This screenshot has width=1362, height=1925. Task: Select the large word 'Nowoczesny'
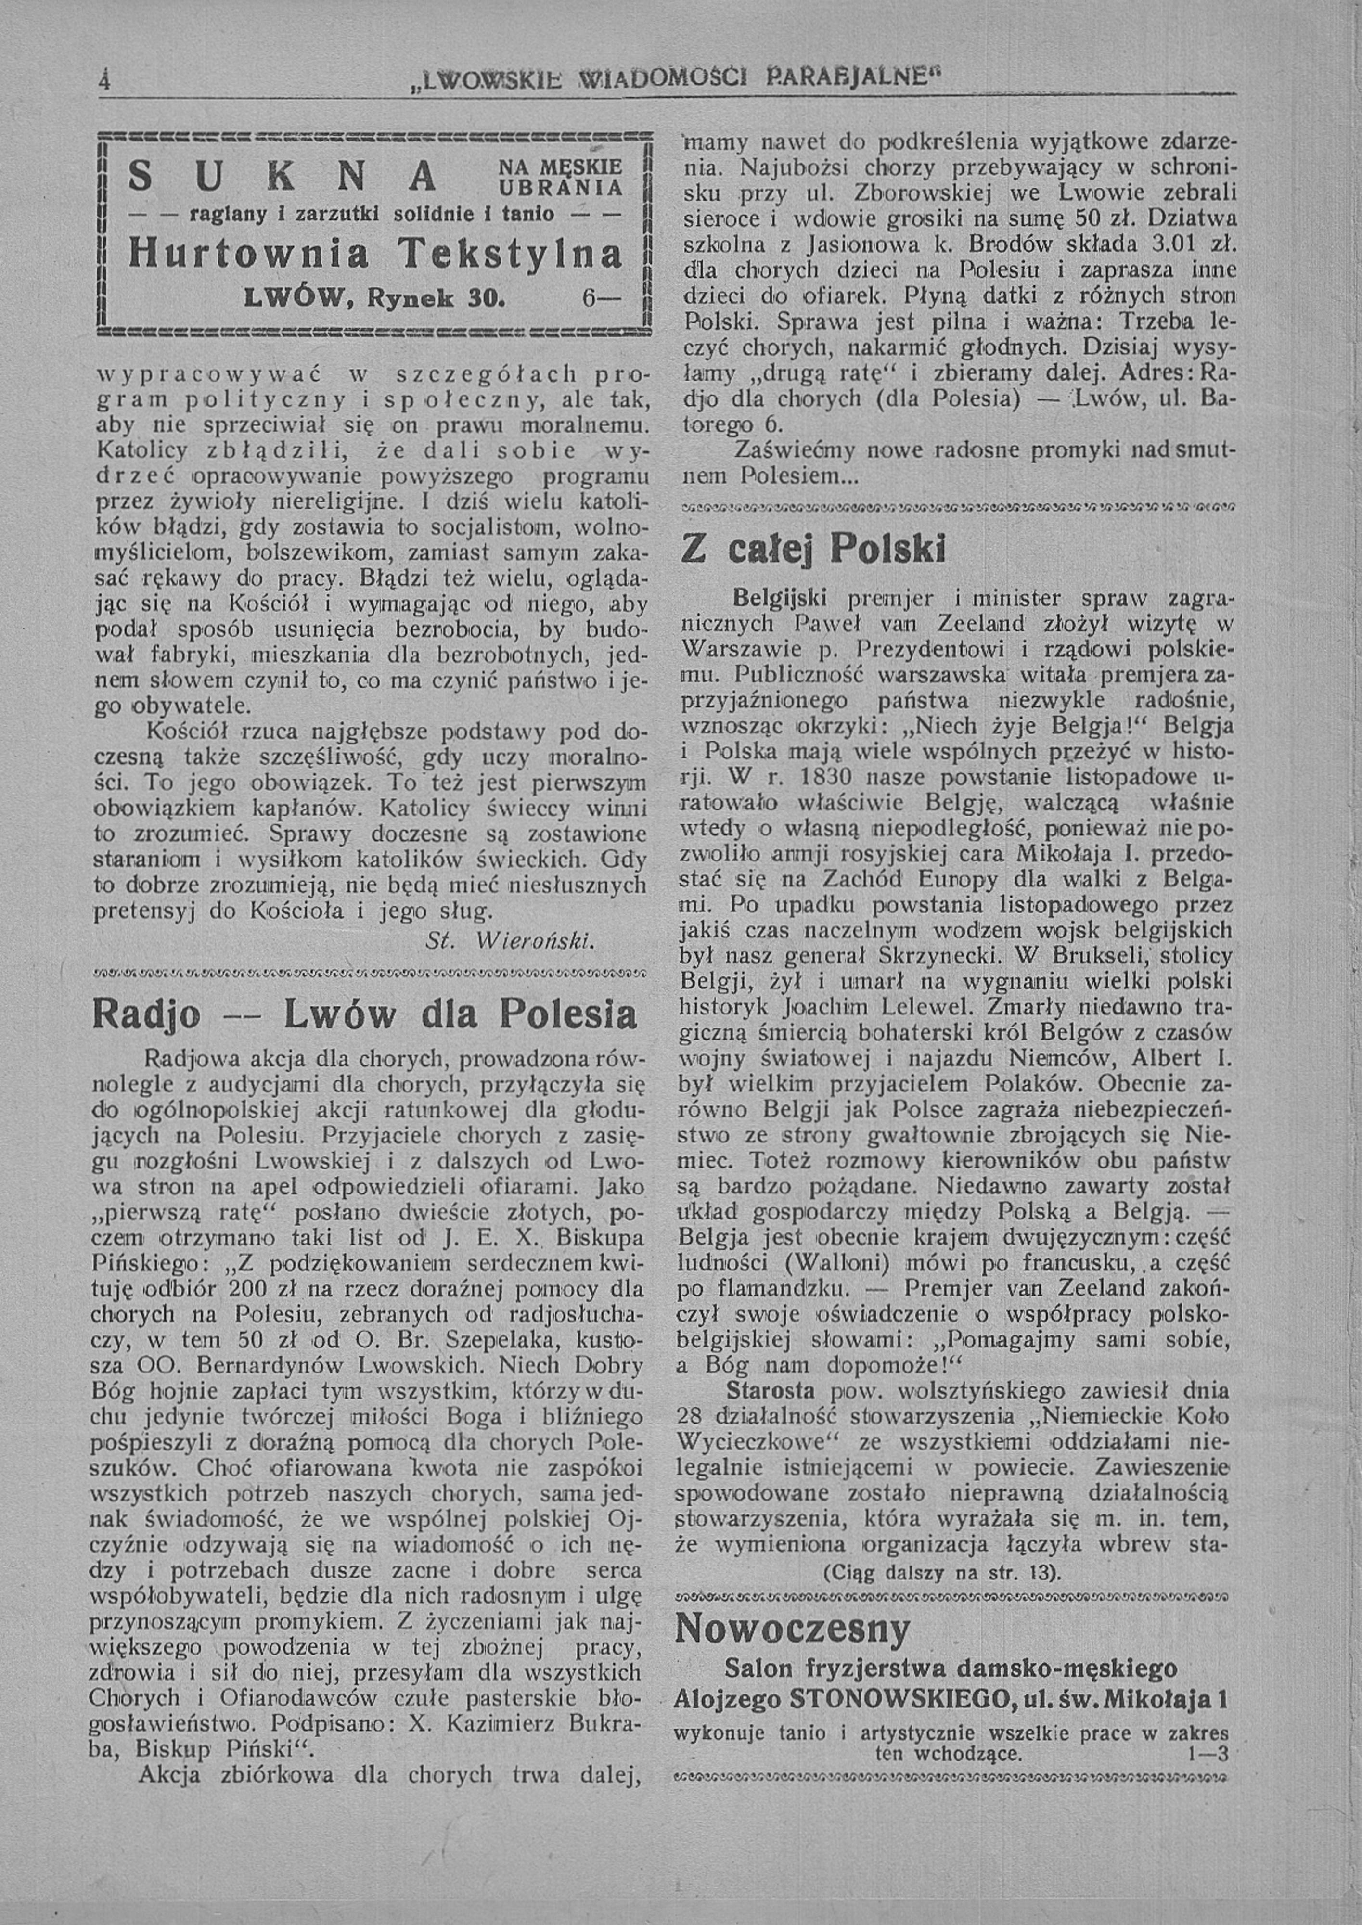point(793,1629)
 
